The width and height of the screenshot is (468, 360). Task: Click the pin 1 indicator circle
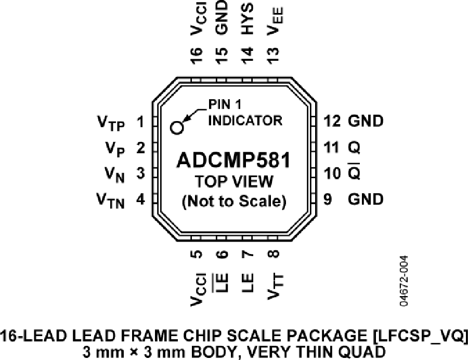pyautogui.click(x=177, y=128)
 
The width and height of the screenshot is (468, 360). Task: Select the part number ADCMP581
pyautogui.click(x=233, y=160)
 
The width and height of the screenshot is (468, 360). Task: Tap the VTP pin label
pyautogui.click(x=111, y=123)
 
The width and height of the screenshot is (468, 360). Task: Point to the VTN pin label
pyautogui.click(x=110, y=201)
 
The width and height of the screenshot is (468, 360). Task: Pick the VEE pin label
pyautogui.click(x=275, y=21)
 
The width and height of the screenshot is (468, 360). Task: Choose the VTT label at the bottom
pyautogui.click(x=276, y=286)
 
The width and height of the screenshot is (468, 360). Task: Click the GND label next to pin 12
pyautogui.click(x=366, y=121)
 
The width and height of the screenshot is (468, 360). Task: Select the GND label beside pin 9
pyautogui.click(x=366, y=199)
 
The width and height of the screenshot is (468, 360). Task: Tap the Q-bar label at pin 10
pyautogui.click(x=354, y=171)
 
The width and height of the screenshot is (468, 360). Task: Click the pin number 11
pyautogui.click(x=332, y=147)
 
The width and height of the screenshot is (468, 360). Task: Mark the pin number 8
pyautogui.click(x=274, y=254)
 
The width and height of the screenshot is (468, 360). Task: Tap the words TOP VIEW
pyautogui.click(x=234, y=181)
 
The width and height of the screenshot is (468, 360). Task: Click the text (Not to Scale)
pyautogui.click(x=234, y=201)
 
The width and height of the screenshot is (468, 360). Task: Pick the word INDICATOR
pyautogui.click(x=245, y=121)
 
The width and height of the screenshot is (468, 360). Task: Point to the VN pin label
pyautogui.click(x=114, y=175)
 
